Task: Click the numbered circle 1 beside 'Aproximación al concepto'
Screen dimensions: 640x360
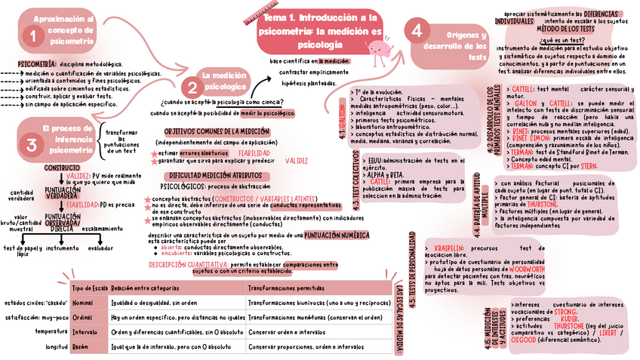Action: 32,35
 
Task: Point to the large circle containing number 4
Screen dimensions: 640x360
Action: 418,32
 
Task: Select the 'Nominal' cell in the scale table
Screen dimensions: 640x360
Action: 82,303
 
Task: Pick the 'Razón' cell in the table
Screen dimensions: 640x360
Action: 81,347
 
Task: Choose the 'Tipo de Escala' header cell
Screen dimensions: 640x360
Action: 89,288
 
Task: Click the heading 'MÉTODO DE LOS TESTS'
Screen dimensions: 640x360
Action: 580,29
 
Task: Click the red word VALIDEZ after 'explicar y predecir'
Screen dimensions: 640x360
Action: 297,161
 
